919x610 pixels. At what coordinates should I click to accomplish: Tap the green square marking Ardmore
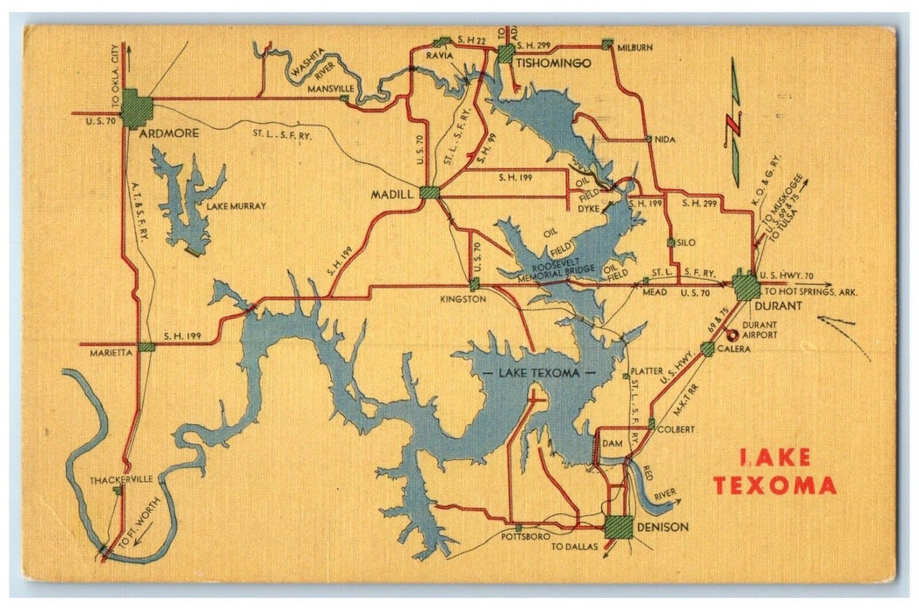click(x=137, y=109)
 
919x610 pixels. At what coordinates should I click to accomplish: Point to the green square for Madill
click(x=429, y=193)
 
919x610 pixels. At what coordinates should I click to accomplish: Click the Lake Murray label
click(x=236, y=207)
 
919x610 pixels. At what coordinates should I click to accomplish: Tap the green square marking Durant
click(x=747, y=287)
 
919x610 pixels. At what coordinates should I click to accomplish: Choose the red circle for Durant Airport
click(x=732, y=335)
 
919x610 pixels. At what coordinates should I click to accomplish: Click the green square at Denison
click(x=618, y=527)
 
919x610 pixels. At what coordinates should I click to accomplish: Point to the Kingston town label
click(x=463, y=298)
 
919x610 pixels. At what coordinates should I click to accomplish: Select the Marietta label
click(x=111, y=353)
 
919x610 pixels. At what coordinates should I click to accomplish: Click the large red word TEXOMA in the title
click(x=774, y=485)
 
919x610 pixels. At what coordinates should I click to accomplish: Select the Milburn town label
click(x=635, y=49)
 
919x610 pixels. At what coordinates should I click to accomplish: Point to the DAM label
click(x=612, y=444)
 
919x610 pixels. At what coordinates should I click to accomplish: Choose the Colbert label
click(x=676, y=430)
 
